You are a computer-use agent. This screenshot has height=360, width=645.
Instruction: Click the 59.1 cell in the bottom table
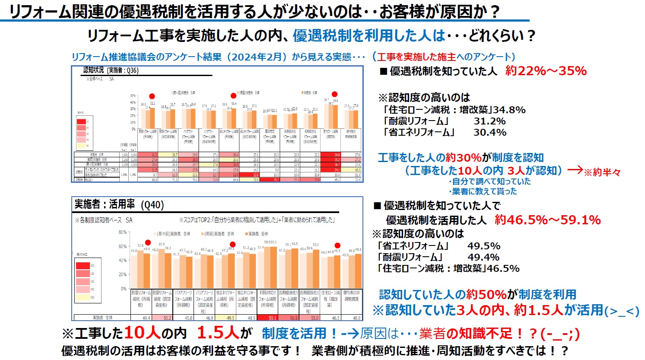[272, 318]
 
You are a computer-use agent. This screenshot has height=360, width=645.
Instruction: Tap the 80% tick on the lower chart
[123, 232]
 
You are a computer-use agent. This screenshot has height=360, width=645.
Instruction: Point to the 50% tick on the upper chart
[133, 96]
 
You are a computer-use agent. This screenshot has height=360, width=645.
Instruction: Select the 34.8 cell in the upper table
[330, 154]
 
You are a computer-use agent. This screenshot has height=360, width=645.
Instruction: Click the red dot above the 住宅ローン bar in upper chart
[334, 94]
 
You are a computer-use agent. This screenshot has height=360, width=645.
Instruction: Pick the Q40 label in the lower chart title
[153, 204]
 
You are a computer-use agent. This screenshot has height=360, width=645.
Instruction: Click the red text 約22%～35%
[546, 71]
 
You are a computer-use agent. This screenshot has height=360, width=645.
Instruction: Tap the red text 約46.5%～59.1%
[548, 220]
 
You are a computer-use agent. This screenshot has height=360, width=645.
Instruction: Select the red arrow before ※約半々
[575, 170]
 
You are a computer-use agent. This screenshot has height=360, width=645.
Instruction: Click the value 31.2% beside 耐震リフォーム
[489, 121]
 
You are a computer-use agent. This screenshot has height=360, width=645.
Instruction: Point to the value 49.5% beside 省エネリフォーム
[484, 246]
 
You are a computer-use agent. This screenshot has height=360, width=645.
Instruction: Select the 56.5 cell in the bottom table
[293, 318]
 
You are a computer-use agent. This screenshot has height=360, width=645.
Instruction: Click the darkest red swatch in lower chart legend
[83, 265]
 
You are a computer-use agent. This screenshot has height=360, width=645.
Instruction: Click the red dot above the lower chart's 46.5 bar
[337, 245]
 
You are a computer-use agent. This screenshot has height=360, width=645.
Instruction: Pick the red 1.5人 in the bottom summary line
[218, 333]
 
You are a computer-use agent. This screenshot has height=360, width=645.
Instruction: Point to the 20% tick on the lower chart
[123, 274]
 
